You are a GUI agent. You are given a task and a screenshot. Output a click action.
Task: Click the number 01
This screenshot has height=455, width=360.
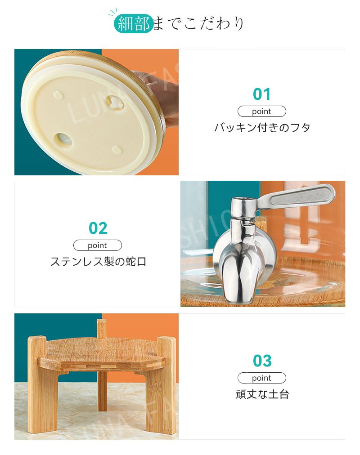261,94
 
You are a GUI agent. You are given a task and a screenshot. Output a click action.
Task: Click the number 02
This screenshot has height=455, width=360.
98,228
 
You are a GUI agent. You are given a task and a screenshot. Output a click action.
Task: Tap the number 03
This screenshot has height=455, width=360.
262,361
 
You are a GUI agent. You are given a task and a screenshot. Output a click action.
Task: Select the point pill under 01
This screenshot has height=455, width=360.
261,112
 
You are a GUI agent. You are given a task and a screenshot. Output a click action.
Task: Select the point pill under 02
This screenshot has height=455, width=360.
98,245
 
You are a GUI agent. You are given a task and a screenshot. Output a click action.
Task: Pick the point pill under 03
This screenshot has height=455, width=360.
261,378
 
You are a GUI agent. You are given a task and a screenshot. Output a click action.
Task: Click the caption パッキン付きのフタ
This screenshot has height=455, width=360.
262,127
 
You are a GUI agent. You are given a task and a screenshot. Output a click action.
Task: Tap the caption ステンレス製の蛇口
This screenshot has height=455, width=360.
98,262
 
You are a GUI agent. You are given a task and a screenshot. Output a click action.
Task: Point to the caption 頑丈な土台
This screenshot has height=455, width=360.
262,394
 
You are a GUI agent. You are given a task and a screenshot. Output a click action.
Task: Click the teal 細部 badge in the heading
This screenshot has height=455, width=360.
134,23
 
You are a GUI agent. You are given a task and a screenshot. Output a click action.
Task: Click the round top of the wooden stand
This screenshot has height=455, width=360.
102,352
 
